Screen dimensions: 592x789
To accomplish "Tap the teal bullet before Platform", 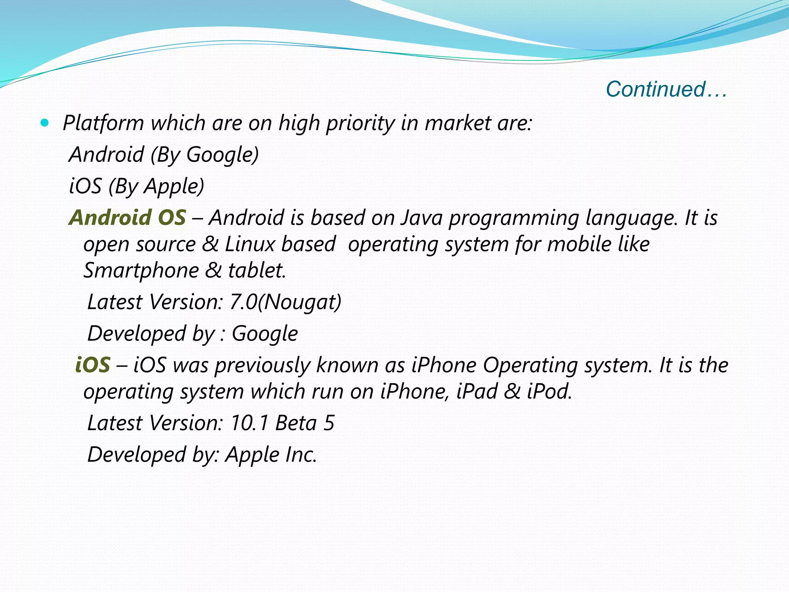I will click(x=45, y=123).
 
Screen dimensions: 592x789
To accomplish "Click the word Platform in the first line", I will click(x=103, y=123).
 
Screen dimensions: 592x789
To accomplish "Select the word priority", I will click(x=360, y=123).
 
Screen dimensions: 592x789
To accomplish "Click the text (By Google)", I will click(x=205, y=155).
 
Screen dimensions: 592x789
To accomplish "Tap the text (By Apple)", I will click(x=156, y=186).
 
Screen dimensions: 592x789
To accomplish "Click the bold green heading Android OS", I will click(x=128, y=217).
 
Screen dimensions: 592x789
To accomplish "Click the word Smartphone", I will click(x=141, y=270).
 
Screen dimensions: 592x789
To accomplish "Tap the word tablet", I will click(x=257, y=270).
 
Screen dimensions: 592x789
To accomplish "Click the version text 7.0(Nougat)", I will click(x=285, y=302).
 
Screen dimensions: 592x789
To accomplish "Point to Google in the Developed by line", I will click(x=265, y=333).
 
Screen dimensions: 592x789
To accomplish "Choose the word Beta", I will click(x=296, y=423).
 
